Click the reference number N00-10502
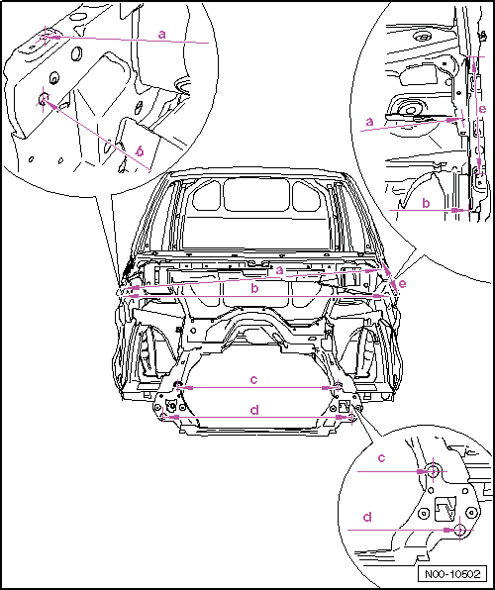[452, 574]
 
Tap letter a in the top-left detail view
[161, 35]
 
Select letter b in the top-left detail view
[140, 150]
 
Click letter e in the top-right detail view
[483, 110]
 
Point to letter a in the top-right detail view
[369, 122]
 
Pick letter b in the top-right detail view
[426, 203]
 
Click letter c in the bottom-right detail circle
[381, 458]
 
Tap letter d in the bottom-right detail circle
[367, 518]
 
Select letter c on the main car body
[254, 380]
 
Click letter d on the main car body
[254, 410]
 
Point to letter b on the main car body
[254, 289]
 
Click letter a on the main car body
[279, 270]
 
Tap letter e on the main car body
[402, 283]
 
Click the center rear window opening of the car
[256, 195]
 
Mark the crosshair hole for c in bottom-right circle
[433, 470]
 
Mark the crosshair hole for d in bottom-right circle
[459, 530]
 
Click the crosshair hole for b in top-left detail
[43, 99]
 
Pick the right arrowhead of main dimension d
[342, 417]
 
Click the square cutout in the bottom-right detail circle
[445, 509]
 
